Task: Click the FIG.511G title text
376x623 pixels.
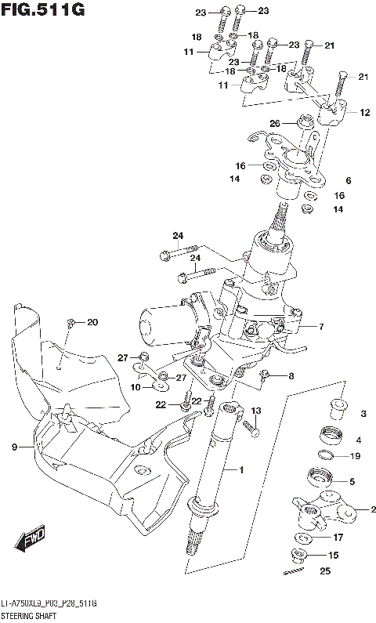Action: click(42, 9)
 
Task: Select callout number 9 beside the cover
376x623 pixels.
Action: click(14, 447)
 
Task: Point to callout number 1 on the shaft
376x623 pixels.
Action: click(242, 470)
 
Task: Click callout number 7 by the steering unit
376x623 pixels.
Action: click(320, 326)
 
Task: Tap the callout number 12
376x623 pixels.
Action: click(364, 113)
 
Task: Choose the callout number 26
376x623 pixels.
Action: click(274, 123)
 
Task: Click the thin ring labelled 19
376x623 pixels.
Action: click(330, 456)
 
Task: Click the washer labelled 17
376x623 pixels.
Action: click(302, 538)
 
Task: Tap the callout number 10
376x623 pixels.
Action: click(135, 386)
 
